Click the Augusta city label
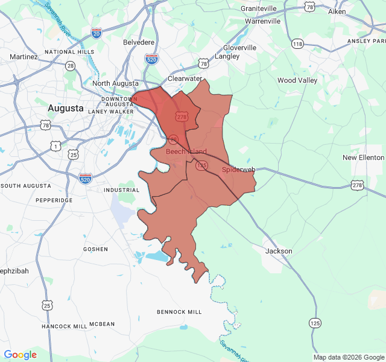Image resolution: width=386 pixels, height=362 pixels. click(65, 109)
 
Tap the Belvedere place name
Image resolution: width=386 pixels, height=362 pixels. click(139, 43)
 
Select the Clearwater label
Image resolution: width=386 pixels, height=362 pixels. click(185, 79)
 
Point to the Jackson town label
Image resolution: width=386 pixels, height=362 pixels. click(279, 251)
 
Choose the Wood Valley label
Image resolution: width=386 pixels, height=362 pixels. click(297, 80)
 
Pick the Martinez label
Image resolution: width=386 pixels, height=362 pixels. click(24, 57)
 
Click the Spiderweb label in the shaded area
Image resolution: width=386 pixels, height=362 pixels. click(239, 170)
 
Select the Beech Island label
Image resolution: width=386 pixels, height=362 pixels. click(186, 152)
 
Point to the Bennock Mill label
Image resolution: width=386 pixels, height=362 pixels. click(179, 312)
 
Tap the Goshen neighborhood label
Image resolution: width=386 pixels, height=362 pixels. click(96, 249)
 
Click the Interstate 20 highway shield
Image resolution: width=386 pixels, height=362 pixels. click(96, 33)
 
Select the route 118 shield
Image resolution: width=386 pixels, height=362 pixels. click(297, 43)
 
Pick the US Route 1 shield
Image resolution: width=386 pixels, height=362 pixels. click(55, 146)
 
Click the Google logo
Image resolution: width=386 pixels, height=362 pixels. click(20, 355)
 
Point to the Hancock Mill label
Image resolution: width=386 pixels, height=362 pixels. click(64, 326)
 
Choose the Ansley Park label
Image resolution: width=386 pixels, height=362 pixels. click(365, 41)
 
